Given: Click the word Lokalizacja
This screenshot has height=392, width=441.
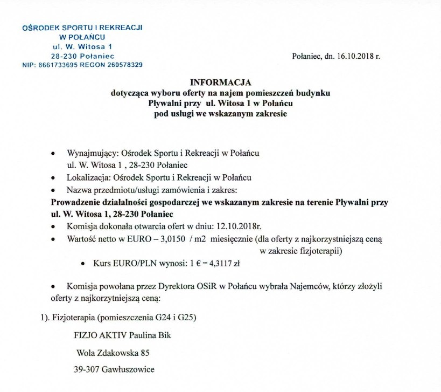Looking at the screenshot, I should tap(89, 177).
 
